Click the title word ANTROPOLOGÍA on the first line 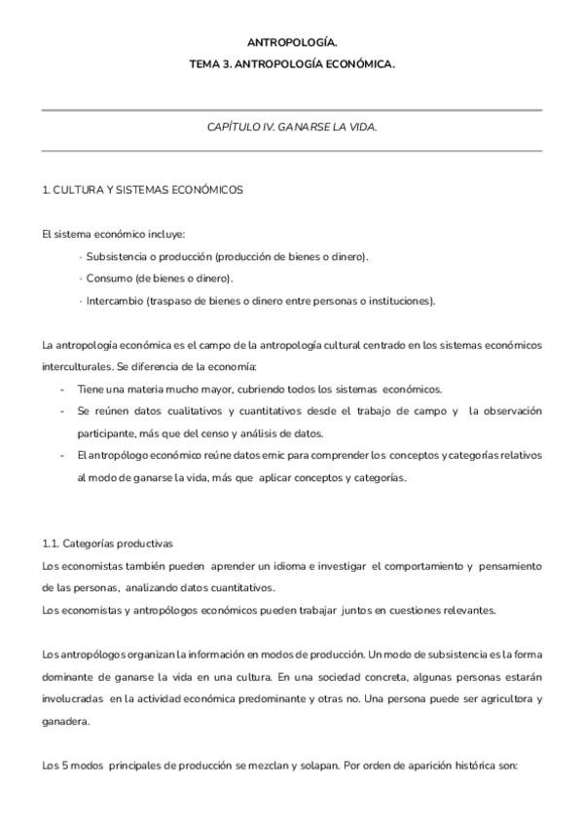[x=292, y=43]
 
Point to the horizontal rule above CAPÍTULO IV [x=292, y=110]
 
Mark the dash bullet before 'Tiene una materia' [x=62, y=389]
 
